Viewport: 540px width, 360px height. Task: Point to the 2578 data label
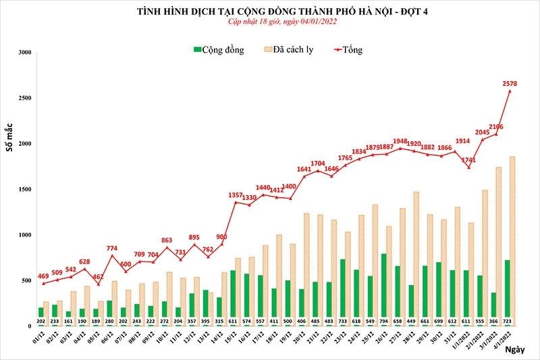pyautogui.click(x=511, y=83)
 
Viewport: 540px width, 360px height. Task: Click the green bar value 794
pyautogui.click(x=383, y=321)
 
